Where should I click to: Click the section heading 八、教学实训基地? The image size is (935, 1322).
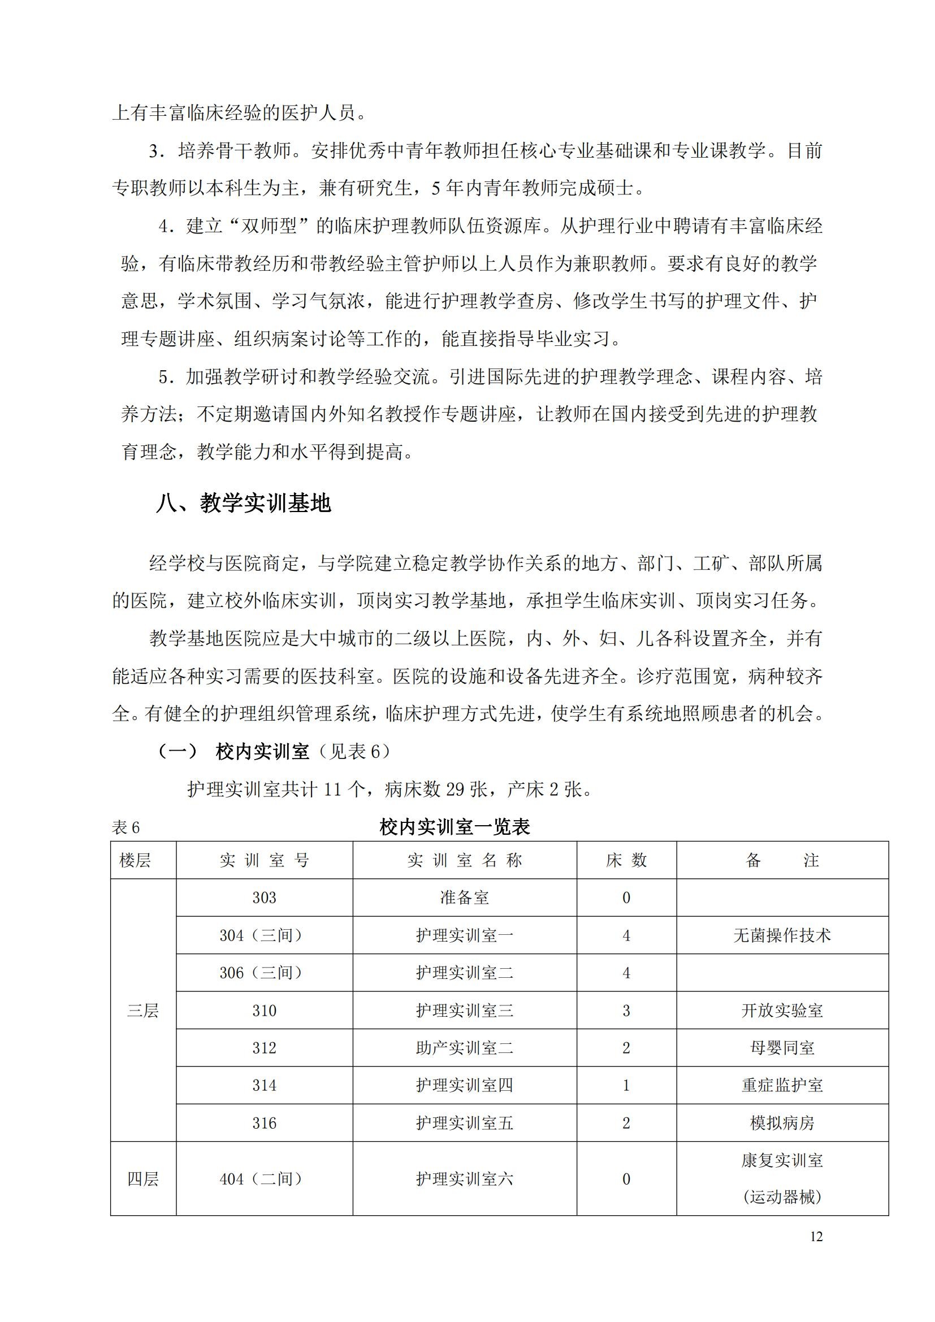[244, 504]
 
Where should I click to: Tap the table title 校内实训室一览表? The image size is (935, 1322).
[455, 827]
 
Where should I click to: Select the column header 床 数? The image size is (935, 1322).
[626, 860]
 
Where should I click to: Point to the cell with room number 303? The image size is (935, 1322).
[264, 898]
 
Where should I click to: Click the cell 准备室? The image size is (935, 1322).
[465, 898]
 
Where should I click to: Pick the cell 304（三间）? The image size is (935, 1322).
[264, 935]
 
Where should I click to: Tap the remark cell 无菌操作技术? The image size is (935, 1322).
[782, 935]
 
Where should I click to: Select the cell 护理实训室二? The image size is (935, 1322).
[465, 973]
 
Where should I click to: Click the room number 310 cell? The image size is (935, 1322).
[264, 1011]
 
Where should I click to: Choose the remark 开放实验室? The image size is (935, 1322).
[782, 1011]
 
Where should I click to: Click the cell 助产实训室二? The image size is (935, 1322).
[465, 1048]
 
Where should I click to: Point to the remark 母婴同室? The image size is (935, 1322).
[782, 1048]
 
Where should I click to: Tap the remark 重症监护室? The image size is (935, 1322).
[782, 1085]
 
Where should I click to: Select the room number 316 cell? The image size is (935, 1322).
[264, 1123]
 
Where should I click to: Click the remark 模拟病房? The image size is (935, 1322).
[782, 1123]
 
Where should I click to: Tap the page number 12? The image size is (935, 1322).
[816, 1236]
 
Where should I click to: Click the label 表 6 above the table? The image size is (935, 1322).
[126, 828]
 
